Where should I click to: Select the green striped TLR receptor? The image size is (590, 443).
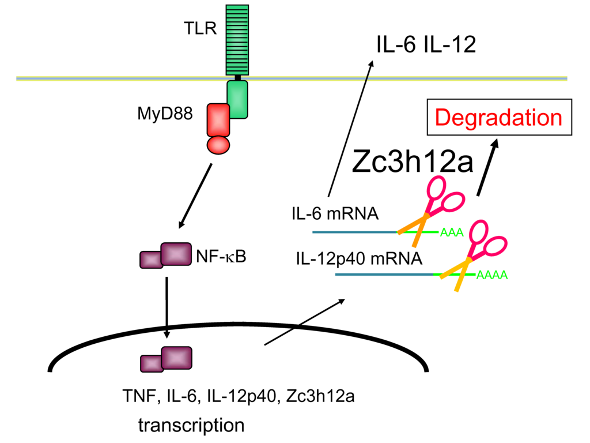(237, 39)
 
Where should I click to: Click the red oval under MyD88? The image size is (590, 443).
(218, 144)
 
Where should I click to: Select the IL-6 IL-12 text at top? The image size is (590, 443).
(426, 45)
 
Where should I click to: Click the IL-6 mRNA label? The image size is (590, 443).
(334, 214)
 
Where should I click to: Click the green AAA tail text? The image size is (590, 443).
(452, 233)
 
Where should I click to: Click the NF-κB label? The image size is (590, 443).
(221, 256)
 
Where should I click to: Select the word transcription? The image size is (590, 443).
(191, 426)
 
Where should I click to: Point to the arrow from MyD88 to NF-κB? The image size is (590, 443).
(196, 196)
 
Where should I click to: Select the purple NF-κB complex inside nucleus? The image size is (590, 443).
(167, 359)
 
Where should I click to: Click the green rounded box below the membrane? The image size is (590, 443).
(237, 99)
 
